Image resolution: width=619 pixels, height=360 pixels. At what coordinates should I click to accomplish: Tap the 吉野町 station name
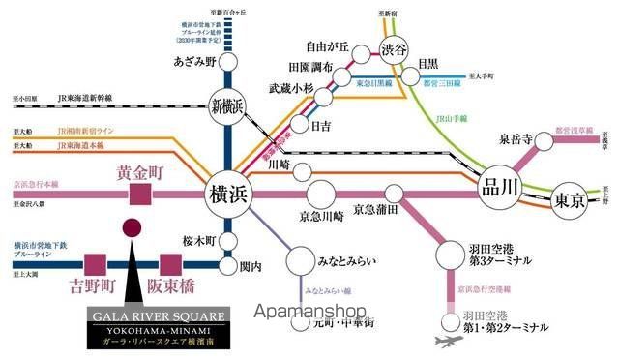tap(94, 287)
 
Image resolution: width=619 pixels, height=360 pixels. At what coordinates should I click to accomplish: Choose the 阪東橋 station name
tap(170, 287)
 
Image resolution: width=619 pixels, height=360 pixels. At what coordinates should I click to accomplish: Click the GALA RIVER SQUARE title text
tap(158, 315)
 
